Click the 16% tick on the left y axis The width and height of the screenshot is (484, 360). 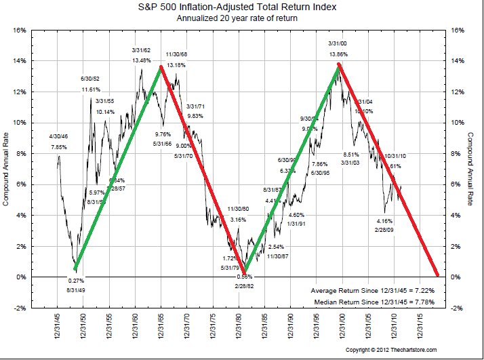point(18,30)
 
